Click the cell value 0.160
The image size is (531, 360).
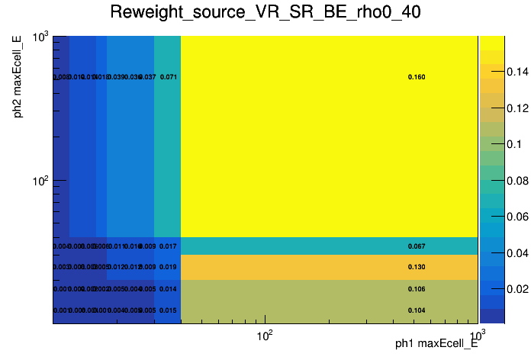(x=417, y=77)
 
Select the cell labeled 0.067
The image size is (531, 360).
(x=417, y=246)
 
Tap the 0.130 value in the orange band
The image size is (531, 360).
(x=417, y=267)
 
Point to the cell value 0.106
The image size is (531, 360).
(x=417, y=289)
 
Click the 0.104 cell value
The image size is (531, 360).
(x=417, y=310)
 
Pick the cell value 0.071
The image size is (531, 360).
(x=169, y=77)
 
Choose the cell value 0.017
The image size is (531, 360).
(x=169, y=246)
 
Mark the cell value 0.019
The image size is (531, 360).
(x=169, y=267)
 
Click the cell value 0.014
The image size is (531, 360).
(x=169, y=289)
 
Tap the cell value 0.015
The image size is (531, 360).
(x=169, y=310)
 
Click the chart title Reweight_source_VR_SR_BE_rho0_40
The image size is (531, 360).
(x=265, y=13)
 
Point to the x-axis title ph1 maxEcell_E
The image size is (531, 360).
(x=436, y=344)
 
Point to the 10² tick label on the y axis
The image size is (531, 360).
(x=39, y=182)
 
